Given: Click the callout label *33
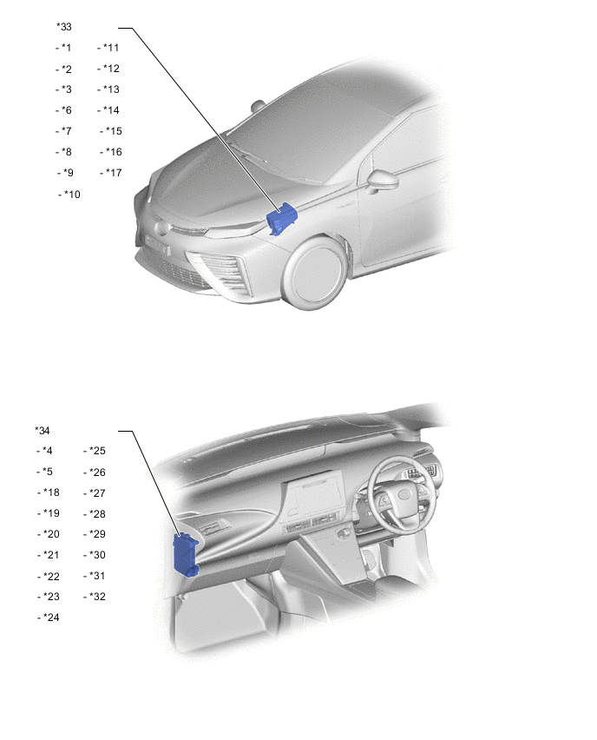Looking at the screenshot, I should click(64, 27).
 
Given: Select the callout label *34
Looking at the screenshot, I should click(43, 430).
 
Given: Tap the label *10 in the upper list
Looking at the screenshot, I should click(71, 195).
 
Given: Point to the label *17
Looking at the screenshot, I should click(112, 173).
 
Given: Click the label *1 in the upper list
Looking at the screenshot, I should click(66, 48).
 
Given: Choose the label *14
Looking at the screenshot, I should click(110, 110).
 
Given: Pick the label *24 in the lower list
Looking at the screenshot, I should click(50, 618).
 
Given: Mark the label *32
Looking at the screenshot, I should click(96, 597).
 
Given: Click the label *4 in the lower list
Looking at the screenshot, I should click(47, 451).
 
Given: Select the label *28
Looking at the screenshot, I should click(96, 513).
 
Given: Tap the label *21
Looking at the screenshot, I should click(50, 555).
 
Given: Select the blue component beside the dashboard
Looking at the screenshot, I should click(186, 553).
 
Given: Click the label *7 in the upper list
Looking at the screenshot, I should click(66, 131).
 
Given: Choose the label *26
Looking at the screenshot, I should click(96, 472).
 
